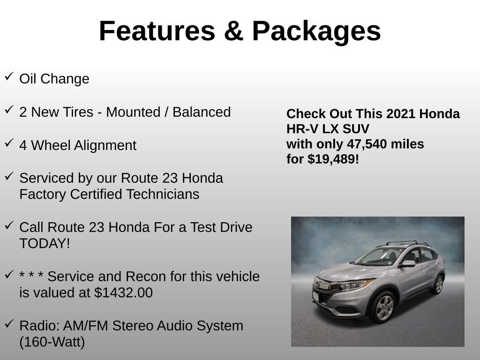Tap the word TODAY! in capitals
coord(45,244)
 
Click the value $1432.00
coord(123,293)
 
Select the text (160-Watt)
coord(52,342)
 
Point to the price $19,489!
coord(333,159)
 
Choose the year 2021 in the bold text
coord(401,114)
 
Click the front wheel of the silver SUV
coord(384,307)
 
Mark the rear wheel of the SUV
coord(439,285)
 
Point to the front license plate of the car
coord(315,296)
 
